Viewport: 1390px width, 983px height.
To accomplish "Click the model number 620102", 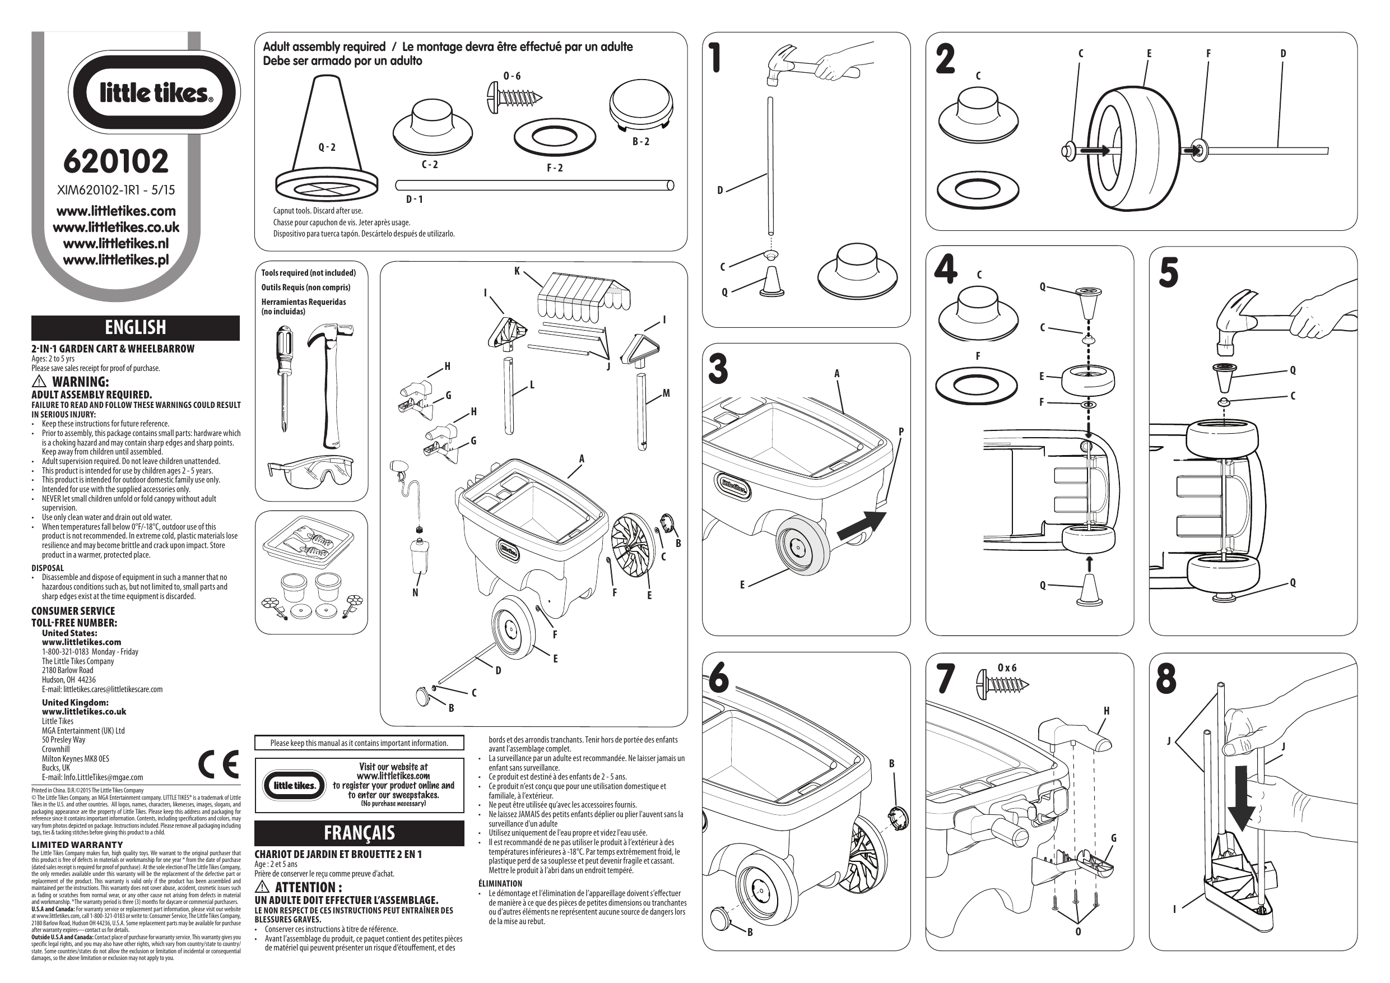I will point(115,161).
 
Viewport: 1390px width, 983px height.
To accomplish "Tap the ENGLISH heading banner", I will point(135,328).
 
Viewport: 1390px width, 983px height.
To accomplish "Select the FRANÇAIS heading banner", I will point(359,833).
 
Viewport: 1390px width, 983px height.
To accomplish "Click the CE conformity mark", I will point(219,765).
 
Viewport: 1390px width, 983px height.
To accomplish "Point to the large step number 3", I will point(718,369).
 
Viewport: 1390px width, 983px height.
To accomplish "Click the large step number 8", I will point(1166,680).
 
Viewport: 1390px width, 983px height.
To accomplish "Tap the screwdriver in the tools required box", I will point(283,375).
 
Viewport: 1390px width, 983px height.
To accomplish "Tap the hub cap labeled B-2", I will point(641,105).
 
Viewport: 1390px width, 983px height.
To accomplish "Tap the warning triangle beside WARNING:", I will point(39,382).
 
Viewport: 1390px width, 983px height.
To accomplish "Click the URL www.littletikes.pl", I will point(115,261).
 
